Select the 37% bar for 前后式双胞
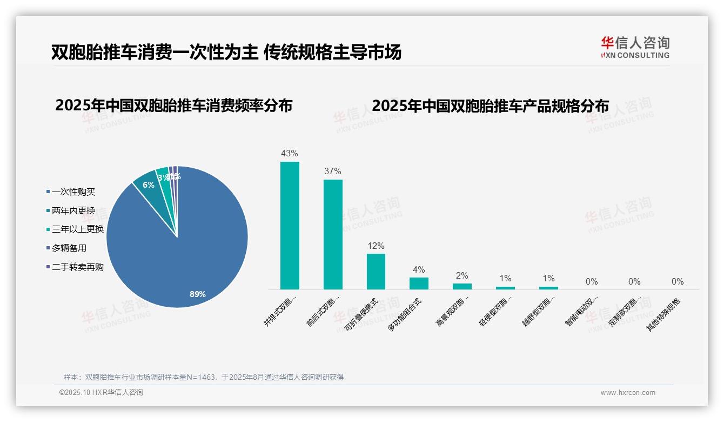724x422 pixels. (333, 234)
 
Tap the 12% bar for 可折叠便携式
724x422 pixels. (376, 271)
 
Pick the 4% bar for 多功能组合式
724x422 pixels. (419, 283)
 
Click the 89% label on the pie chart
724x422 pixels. (198, 294)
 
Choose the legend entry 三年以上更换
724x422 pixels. (77, 229)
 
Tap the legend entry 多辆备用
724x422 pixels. (69, 248)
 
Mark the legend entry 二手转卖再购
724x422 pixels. (77, 267)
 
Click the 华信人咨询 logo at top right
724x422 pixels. (635, 47)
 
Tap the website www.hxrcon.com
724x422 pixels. (628, 393)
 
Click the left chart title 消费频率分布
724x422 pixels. (173, 105)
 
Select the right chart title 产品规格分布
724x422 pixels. (490, 105)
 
